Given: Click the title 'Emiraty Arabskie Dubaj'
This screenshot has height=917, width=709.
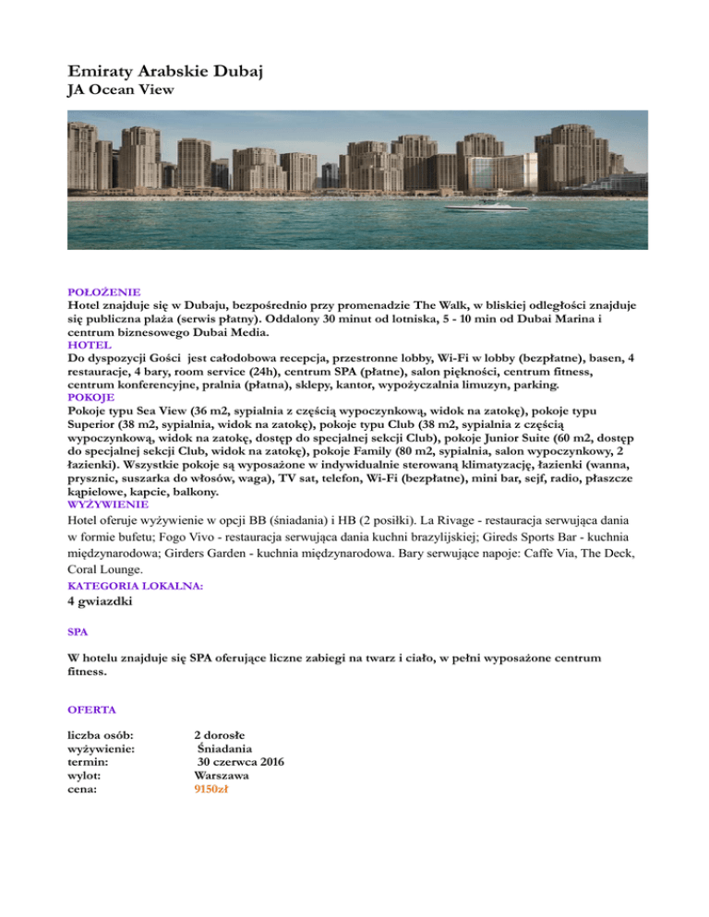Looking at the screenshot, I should coord(165,71).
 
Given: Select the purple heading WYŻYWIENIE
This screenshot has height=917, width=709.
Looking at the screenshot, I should coord(107,505).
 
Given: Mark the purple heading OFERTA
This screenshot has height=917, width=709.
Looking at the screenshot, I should coord(90,710).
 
